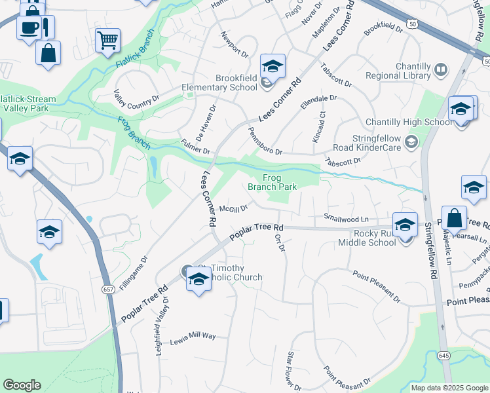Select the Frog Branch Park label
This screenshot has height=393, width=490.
tap(272, 182)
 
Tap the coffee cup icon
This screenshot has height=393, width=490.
tap(29, 28)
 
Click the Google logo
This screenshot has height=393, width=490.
tap(22, 385)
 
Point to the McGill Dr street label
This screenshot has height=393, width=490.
tap(233, 209)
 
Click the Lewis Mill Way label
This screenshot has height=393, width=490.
tap(193, 336)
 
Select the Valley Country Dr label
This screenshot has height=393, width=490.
tap(136, 97)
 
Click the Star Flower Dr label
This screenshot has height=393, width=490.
tap(292, 371)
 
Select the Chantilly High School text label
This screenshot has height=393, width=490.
tap(409, 122)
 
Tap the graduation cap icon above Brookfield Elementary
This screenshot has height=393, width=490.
tap(273, 65)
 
